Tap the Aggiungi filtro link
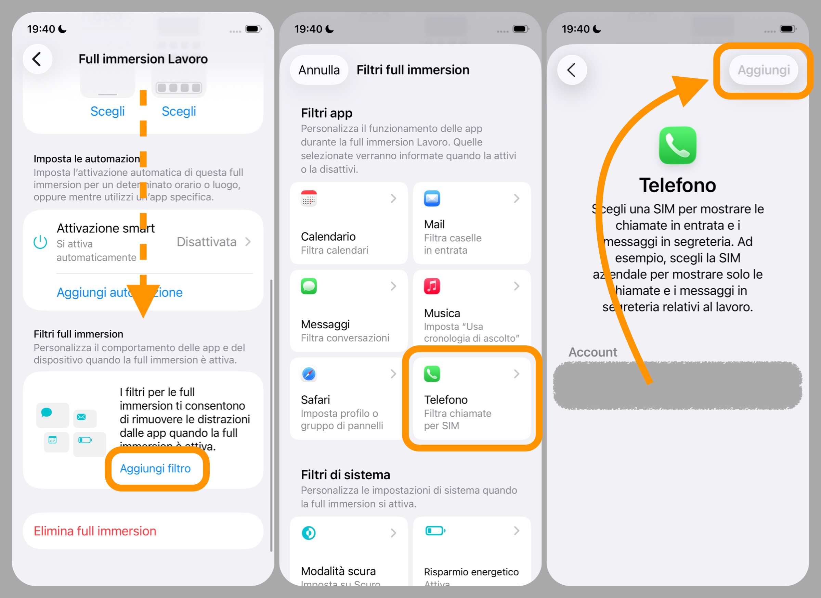[155, 468]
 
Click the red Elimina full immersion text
[95, 531]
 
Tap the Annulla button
[319, 70]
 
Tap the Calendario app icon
[309, 199]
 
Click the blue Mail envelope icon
[432, 199]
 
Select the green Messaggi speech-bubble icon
[309, 286]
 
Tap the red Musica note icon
[432, 286]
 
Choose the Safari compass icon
[309, 374]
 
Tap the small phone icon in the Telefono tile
[432, 374]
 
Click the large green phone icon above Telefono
[677, 145]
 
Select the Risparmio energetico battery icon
[435, 531]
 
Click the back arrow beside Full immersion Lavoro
[37, 59]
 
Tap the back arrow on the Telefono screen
[572, 70]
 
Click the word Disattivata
[206, 242]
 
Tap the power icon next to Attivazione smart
[40, 242]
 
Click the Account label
[592, 352]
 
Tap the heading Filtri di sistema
[346, 474]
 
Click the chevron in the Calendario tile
[393, 199]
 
